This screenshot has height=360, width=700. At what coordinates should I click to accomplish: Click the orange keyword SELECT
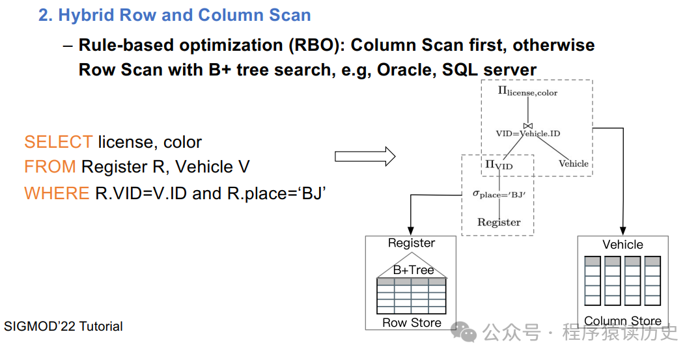(x=59, y=142)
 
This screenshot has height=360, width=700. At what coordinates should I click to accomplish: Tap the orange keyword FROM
(x=50, y=167)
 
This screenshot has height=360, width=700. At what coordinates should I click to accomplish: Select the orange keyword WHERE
(x=57, y=193)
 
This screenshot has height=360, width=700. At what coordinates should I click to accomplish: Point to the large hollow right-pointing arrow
(x=365, y=156)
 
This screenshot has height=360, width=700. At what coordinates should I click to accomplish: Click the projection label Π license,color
(x=527, y=91)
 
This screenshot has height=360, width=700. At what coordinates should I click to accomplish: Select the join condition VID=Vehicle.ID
(x=527, y=133)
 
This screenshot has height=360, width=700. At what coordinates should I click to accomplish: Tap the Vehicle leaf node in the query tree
(x=573, y=163)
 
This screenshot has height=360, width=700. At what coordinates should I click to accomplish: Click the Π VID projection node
(x=499, y=165)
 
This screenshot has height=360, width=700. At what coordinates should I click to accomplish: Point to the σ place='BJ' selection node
(x=499, y=195)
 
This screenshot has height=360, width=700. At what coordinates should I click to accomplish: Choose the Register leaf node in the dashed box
(x=499, y=222)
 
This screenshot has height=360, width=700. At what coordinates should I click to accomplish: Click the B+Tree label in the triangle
(x=413, y=270)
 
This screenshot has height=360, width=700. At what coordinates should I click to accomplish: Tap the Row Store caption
(x=412, y=322)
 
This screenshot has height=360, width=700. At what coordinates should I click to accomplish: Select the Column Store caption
(x=623, y=321)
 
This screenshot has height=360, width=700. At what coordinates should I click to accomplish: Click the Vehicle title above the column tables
(x=623, y=245)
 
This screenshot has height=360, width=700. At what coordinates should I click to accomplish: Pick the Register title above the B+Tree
(x=411, y=243)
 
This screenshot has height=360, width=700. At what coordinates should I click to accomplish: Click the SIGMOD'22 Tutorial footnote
(x=63, y=326)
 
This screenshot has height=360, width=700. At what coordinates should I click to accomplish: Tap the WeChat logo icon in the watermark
(x=464, y=332)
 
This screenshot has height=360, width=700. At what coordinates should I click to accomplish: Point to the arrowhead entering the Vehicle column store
(x=623, y=231)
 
